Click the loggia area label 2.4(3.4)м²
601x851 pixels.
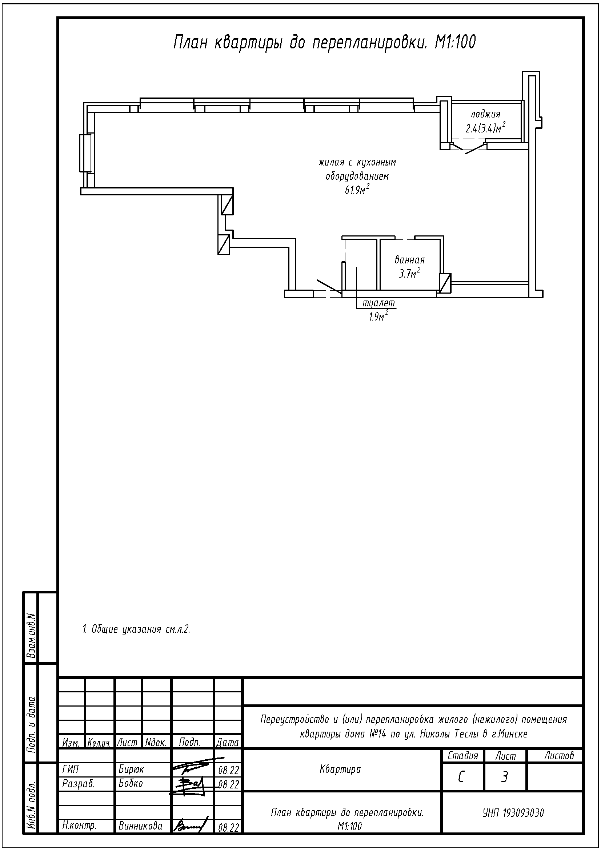click(485, 128)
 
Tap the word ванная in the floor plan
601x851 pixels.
click(409, 260)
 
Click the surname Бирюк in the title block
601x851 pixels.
click(131, 770)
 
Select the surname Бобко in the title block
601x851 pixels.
click(131, 784)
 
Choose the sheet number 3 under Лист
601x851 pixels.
click(504, 777)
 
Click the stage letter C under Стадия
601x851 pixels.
click(461, 777)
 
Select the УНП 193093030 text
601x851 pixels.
click(513, 813)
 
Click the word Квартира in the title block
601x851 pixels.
click(340, 770)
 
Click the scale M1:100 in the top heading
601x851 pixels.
click(455, 43)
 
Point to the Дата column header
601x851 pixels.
click(227, 743)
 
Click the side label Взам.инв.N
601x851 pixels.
click(32, 635)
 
